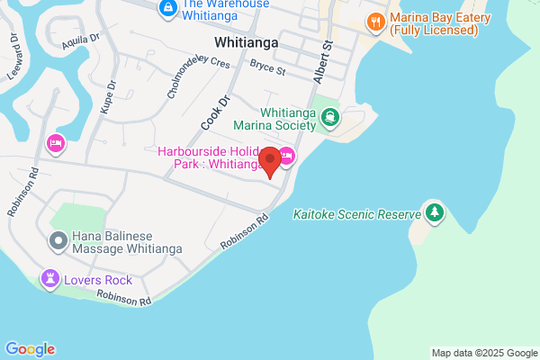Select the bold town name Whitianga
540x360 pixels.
[x=245, y=42]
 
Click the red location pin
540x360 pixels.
[x=268, y=162]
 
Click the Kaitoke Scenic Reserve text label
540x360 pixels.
[x=357, y=215]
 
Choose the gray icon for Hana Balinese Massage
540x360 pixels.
[x=58, y=240]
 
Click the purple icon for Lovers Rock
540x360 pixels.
[x=49, y=279]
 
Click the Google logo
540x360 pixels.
[x=30, y=349]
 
